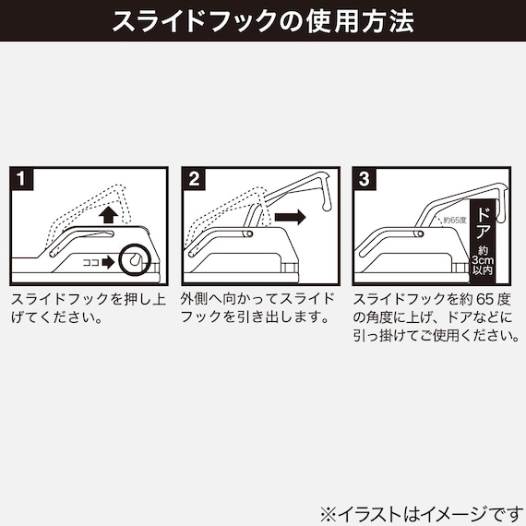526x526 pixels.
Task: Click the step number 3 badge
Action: (x=365, y=179)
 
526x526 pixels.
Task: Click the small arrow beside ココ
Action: (x=108, y=262)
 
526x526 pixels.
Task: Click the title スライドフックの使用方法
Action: (x=263, y=22)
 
